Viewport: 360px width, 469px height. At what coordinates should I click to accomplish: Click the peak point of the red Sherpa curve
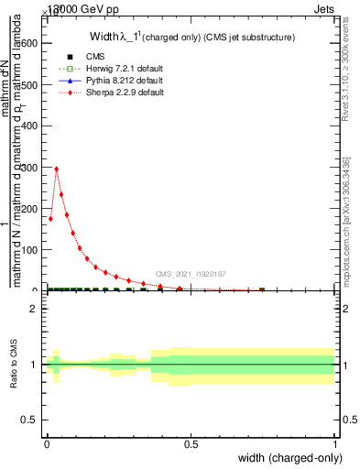(x=57, y=169)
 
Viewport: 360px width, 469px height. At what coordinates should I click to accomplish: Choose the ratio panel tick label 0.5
(x=28, y=420)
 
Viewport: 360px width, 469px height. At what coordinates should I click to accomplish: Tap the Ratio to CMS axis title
(x=14, y=365)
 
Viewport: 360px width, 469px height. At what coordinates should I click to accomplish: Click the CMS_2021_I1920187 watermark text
(x=191, y=274)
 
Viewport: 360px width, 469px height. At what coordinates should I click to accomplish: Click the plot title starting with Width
(x=191, y=38)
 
